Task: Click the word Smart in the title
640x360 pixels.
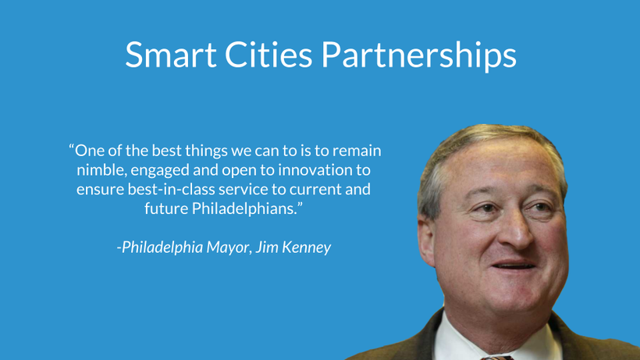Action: pyautogui.click(x=171, y=55)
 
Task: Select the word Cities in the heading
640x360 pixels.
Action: pyautogui.click(x=268, y=55)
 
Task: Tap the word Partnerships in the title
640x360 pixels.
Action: pyautogui.click(x=418, y=55)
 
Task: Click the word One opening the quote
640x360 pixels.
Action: pyautogui.click(x=91, y=151)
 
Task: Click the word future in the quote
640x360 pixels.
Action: pyautogui.click(x=166, y=209)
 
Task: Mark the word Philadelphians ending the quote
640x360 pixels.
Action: pyautogui.click(x=244, y=209)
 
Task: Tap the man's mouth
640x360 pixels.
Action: pyautogui.click(x=514, y=266)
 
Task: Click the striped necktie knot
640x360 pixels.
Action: pyautogui.click(x=496, y=358)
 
